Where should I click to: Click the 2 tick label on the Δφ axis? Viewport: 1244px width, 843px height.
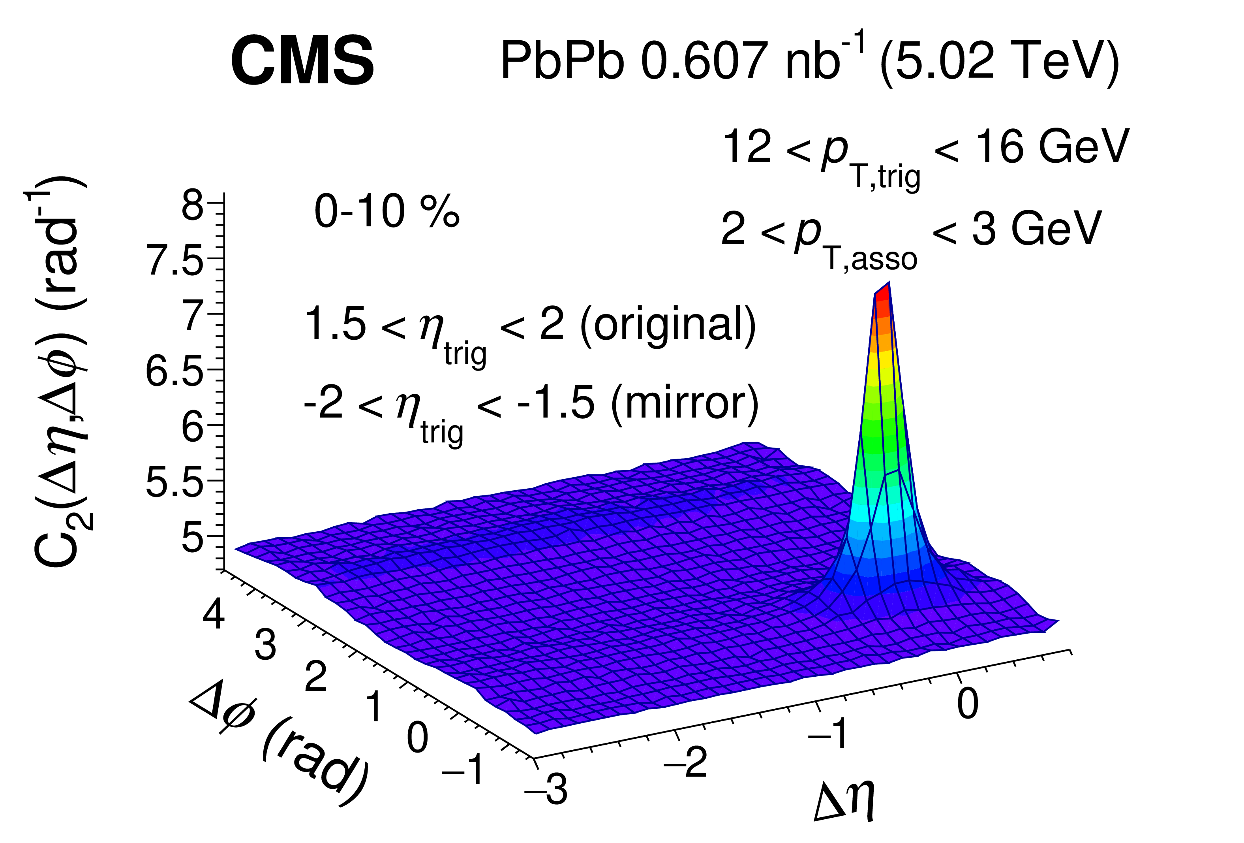pos(316,677)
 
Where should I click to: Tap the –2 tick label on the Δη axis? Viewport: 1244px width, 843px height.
pos(686,762)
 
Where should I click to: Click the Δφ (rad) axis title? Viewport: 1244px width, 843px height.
pos(278,745)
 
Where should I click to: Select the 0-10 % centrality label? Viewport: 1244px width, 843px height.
pos(387,212)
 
